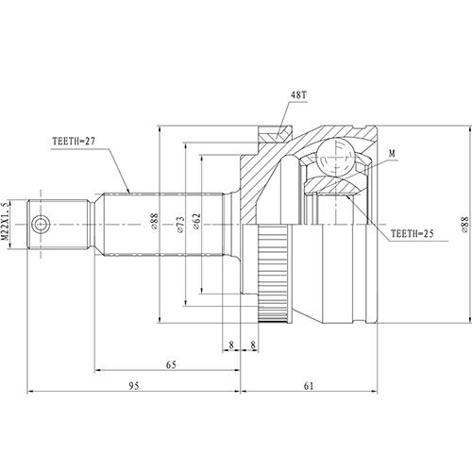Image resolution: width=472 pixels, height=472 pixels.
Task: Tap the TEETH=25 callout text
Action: point(415,231)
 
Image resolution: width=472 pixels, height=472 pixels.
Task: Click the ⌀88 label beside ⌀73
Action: point(155,224)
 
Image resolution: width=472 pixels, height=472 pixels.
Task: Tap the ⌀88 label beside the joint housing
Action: point(464,224)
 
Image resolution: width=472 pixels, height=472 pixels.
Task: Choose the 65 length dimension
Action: point(170,363)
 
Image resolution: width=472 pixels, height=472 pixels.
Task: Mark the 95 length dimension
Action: point(134,386)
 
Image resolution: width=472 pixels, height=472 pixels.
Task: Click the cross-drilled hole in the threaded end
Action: point(42,224)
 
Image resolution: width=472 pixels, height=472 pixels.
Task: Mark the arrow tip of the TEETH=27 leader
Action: point(129,193)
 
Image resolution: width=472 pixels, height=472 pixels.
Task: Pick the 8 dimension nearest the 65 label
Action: point(230,346)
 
